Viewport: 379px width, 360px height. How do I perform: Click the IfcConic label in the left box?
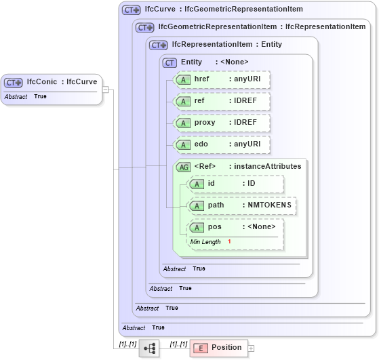coord(42,82)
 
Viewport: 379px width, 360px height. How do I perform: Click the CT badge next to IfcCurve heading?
coord(130,10)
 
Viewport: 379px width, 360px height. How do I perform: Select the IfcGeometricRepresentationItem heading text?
coord(216,27)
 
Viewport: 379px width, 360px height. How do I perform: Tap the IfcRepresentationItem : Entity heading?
coord(227,45)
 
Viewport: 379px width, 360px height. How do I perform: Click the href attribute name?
coord(202,79)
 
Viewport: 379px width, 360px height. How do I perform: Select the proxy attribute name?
coord(205,123)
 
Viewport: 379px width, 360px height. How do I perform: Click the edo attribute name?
coord(201,144)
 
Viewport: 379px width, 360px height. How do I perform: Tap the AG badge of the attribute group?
coord(183,167)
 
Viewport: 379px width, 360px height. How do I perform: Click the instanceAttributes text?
coord(268,167)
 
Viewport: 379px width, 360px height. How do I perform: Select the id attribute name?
coord(212,184)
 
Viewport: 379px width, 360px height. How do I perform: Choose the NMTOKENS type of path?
coord(269,205)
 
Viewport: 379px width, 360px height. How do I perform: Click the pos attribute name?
coord(214,227)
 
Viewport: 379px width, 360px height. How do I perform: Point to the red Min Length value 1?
coord(229,242)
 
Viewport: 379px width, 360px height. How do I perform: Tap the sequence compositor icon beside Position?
coord(149,348)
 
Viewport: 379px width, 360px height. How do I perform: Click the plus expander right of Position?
coord(251,348)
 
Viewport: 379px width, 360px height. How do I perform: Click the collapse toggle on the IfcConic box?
coord(105,89)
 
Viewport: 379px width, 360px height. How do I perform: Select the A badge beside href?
coord(182,80)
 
